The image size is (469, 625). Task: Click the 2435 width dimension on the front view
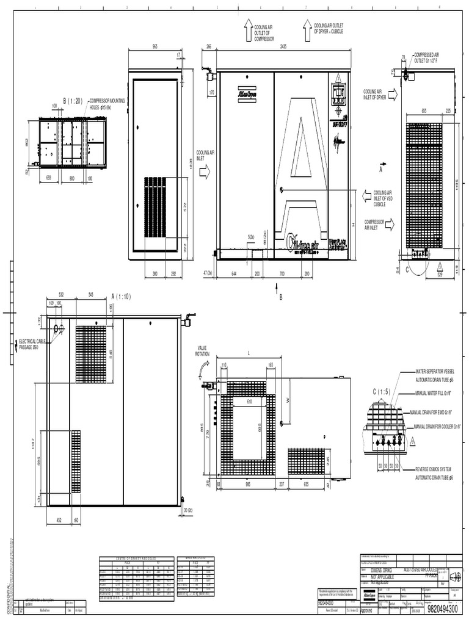tap(282, 46)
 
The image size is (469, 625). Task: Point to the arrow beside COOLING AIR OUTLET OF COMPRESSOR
tap(249, 29)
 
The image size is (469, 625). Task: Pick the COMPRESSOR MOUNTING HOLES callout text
tap(106, 103)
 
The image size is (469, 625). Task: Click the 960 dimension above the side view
tap(155, 46)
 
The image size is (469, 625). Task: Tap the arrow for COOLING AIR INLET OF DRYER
tap(392, 94)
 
